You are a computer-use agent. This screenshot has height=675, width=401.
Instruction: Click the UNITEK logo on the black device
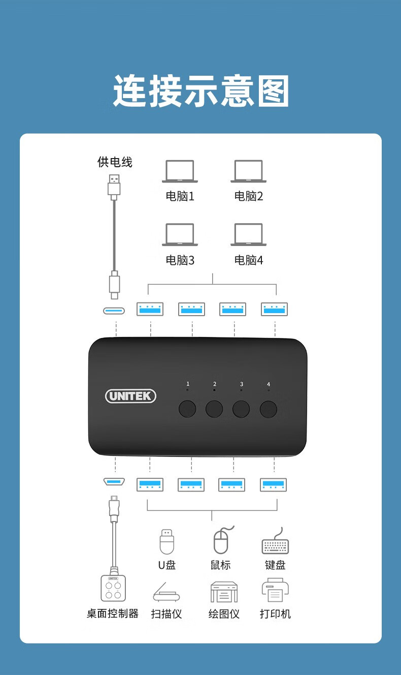tap(130, 396)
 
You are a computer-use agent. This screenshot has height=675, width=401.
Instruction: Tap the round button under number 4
tap(269, 409)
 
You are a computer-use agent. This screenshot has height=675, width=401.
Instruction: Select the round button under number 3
tap(241, 409)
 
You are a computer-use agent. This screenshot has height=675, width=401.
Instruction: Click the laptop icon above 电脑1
tap(180, 171)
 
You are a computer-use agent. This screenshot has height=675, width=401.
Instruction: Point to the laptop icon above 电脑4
tap(249, 235)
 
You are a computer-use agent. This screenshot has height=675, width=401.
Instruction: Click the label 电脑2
tap(249, 196)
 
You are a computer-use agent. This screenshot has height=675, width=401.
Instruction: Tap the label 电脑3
tap(180, 260)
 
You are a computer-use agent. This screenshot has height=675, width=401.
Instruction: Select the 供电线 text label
tap(115, 162)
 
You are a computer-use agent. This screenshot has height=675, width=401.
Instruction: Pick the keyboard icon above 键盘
tap(275, 541)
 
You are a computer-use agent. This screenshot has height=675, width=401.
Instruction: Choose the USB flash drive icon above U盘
tap(167, 542)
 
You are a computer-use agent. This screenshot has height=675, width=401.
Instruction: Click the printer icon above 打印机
tap(275, 591)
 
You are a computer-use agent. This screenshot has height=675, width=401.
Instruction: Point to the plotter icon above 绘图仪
tap(224, 592)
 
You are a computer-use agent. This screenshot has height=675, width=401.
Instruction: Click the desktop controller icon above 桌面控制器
tap(113, 588)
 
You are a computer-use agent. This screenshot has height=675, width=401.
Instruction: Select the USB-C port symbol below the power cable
tap(114, 311)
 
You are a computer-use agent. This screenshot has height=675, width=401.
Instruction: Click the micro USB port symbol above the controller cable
tap(114, 481)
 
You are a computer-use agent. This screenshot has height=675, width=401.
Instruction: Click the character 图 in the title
tap(274, 90)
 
